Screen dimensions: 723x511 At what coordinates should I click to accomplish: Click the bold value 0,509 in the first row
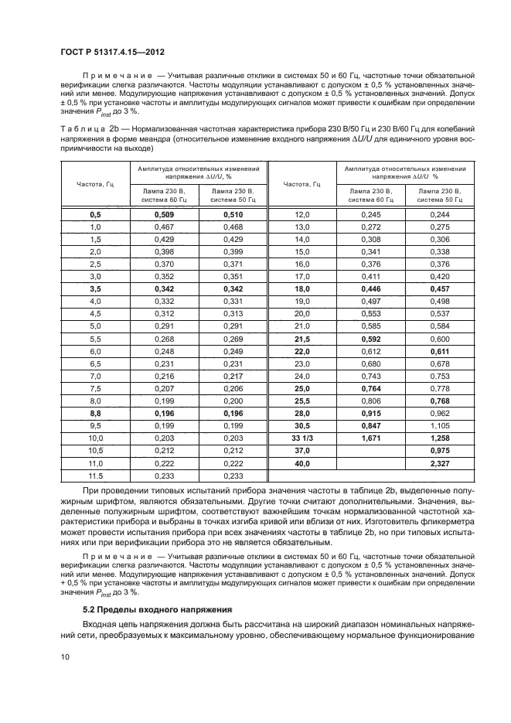[165, 214]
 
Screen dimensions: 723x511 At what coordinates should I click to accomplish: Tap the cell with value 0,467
[165, 227]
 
